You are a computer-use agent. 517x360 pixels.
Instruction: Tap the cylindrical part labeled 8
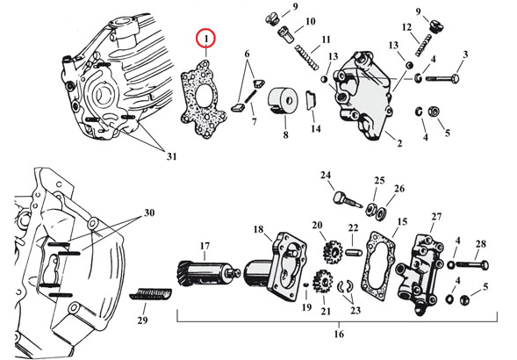tap(283, 101)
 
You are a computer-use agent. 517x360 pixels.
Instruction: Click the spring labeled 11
tap(306, 57)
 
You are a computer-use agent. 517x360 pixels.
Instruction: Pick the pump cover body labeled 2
tap(362, 96)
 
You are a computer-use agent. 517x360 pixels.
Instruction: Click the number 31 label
tap(171, 156)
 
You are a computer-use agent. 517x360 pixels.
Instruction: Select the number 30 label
tap(149, 212)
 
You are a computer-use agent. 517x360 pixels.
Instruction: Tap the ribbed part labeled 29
tap(150, 293)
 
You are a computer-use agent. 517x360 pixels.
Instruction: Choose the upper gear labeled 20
tap(333, 253)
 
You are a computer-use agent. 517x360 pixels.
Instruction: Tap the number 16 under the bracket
tap(339, 334)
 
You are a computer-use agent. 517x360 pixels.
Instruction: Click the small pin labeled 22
tap(354, 253)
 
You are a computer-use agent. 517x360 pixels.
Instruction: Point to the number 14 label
tap(315, 128)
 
